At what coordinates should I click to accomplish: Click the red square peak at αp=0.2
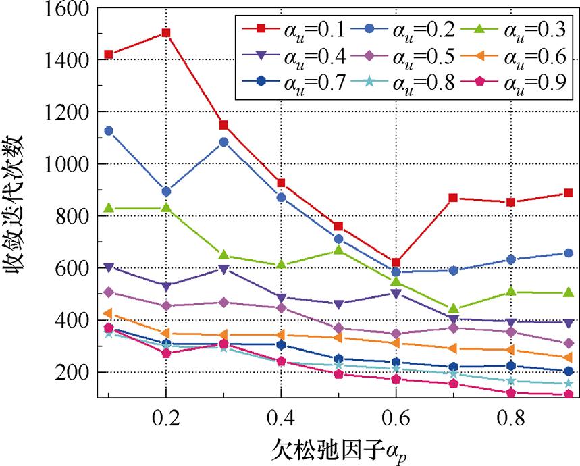(165, 32)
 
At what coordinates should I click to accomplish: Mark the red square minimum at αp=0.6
(396, 262)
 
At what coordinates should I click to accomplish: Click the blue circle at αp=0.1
(108, 131)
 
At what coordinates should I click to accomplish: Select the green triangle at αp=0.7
(453, 309)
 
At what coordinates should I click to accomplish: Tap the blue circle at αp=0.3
(223, 142)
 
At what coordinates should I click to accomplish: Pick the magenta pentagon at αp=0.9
(569, 394)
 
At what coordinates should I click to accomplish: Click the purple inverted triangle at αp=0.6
(396, 294)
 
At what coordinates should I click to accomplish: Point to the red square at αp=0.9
(569, 193)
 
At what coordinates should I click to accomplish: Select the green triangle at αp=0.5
(338, 251)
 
